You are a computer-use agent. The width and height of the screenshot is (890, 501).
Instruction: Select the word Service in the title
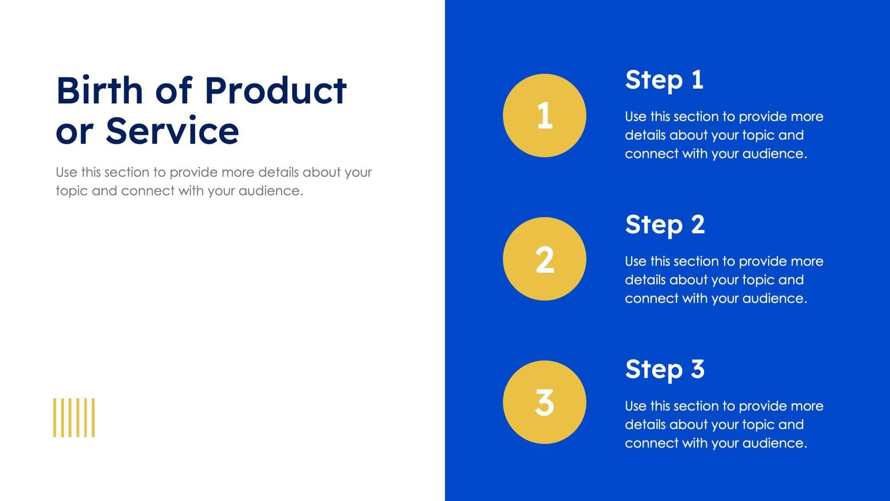coord(172,131)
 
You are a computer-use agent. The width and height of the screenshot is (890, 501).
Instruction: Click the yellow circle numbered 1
coord(544,116)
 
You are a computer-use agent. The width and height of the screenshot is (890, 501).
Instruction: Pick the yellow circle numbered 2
coord(544,259)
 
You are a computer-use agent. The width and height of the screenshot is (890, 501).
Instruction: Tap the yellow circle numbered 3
coord(544,402)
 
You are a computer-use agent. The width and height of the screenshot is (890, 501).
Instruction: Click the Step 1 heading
coord(664,80)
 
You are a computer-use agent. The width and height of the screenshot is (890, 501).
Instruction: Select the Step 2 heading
coord(664,225)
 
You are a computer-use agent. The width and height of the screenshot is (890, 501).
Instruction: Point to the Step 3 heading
coord(664,369)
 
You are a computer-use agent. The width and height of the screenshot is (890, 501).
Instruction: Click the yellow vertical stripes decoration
coord(74,417)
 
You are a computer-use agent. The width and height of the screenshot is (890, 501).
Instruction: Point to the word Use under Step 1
coord(635,117)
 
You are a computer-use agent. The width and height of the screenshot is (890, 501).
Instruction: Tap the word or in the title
coord(73,131)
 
